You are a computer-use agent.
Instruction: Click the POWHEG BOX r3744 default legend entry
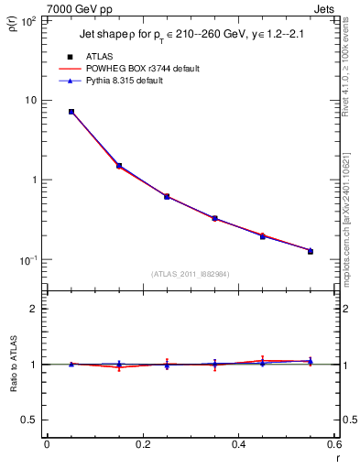[x=140, y=69]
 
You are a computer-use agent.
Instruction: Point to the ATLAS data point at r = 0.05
[x=71, y=112]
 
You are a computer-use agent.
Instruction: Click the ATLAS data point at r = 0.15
[x=119, y=166]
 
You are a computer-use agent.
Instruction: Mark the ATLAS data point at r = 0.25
[x=167, y=196]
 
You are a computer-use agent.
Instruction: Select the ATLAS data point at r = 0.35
[x=214, y=218]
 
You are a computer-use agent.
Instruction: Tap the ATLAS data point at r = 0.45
[x=262, y=236]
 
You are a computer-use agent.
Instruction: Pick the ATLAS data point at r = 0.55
[x=311, y=251]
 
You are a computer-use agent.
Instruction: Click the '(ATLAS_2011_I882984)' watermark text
[x=191, y=274]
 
